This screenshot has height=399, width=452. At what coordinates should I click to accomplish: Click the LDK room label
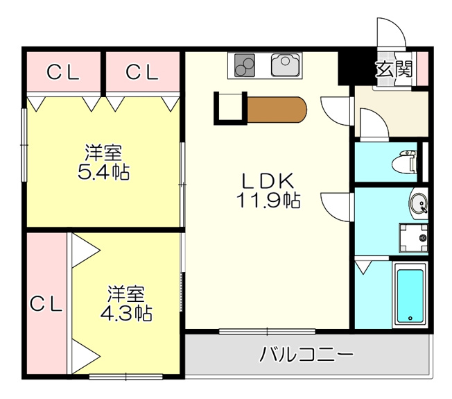click(268, 181)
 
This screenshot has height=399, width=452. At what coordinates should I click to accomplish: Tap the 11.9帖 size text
click(268, 200)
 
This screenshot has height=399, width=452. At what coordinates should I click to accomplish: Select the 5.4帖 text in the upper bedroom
click(103, 172)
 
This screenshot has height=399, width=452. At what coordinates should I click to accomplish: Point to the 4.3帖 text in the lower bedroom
click(126, 313)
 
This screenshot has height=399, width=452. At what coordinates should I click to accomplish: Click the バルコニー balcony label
click(306, 354)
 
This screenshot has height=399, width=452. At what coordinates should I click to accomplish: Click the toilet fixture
click(404, 162)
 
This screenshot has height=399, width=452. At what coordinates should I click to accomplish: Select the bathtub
click(410, 295)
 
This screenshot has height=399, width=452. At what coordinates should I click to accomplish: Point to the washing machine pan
click(413, 238)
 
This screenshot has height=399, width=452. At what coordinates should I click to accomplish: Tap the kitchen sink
click(285, 65)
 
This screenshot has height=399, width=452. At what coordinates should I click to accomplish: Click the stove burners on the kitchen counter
click(245, 65)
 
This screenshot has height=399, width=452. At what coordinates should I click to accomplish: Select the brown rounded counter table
click(277, 110)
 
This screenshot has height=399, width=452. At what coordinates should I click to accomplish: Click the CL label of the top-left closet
click(63, 72)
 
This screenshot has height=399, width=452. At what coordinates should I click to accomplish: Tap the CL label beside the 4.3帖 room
click(46, 304)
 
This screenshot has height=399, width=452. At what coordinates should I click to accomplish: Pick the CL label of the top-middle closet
click(142, 72)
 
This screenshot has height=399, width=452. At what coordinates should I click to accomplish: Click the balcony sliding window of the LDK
click(267, 331)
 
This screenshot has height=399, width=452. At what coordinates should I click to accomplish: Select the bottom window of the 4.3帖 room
click(126, 377)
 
